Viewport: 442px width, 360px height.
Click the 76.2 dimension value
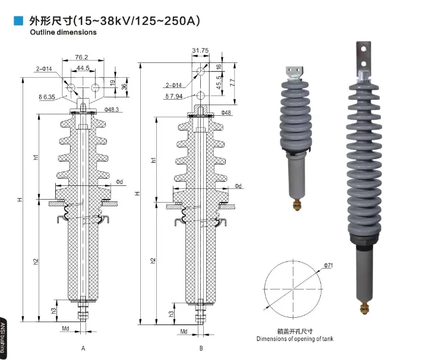[x=81, y=58]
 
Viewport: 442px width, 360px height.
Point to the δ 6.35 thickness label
[x=45, y=96]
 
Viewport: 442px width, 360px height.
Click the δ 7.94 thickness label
[x=174, y=96]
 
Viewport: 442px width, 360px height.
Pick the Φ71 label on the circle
[x=329, y=266]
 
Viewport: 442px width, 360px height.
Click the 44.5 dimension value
[x=82, y=68]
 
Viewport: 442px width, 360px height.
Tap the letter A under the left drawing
[x=83, y=348]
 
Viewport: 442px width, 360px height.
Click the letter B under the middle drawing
[x=201, y=348]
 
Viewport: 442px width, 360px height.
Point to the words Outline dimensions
[x=63, y=32]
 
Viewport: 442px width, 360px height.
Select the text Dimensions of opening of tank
[x=295, y=339]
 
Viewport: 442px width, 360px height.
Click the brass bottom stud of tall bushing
[x=364, y=307]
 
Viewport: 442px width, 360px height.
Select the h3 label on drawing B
[x=172, y=313]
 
